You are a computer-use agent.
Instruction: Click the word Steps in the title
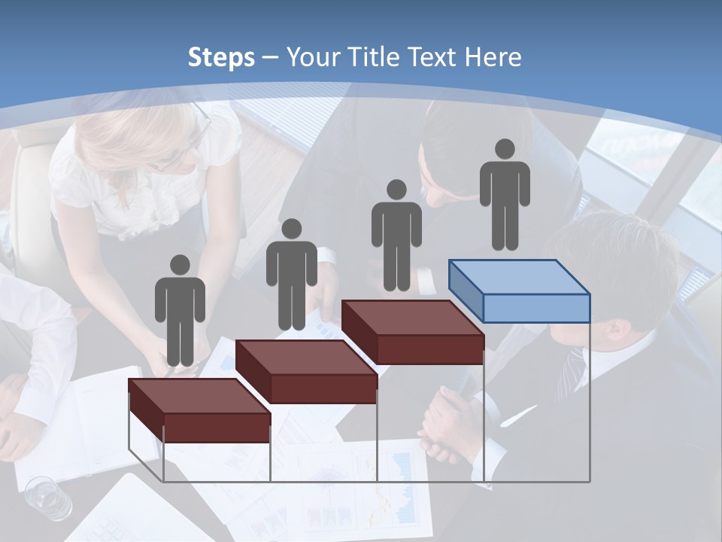[x=221, y=57]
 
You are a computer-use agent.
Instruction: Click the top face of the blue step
[x=519, y=277]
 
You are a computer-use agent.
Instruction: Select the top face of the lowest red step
[x=199, y=396]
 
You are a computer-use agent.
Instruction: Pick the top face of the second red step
[x=305, y=357]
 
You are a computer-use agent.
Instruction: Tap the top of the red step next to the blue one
[x=412, y=318]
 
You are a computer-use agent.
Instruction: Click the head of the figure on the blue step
[x=505, y=149]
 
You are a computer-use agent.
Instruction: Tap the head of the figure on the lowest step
[x=180, y=265]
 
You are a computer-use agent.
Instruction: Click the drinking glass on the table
[x=48, y=498]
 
